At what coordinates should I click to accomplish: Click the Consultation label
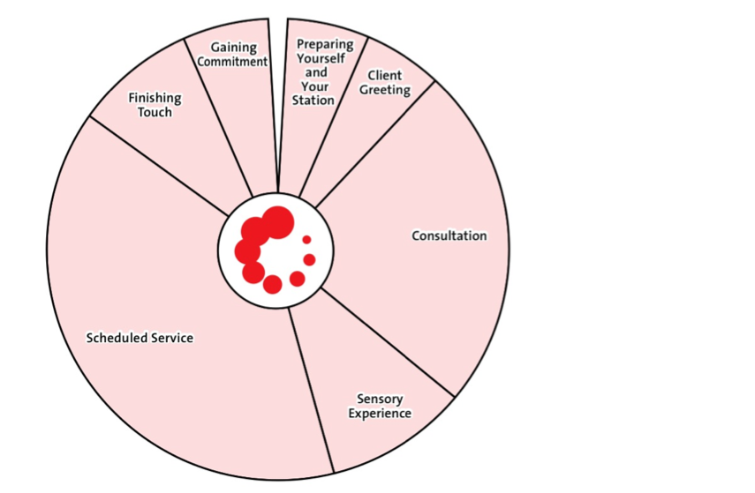click(x=449, y=235)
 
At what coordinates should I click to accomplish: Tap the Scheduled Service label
click(x=139, y=338)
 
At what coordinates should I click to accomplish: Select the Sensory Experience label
click(x=380, y=407)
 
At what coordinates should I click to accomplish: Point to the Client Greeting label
click(x=385, y=83)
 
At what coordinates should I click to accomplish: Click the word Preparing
click(x=325, y=44)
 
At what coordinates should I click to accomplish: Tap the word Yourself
click(x=324, y=58)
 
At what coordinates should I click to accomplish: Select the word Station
click(x=313, y=101)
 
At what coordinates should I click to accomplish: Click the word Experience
click(x=380, y=414)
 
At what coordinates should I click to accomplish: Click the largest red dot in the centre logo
click(x=277, y=222)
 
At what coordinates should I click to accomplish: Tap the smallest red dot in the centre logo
click(x=306, y=239)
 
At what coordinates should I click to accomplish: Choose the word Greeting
click(x=385, y=90)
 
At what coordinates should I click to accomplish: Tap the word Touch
click(x=155, y=112)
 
